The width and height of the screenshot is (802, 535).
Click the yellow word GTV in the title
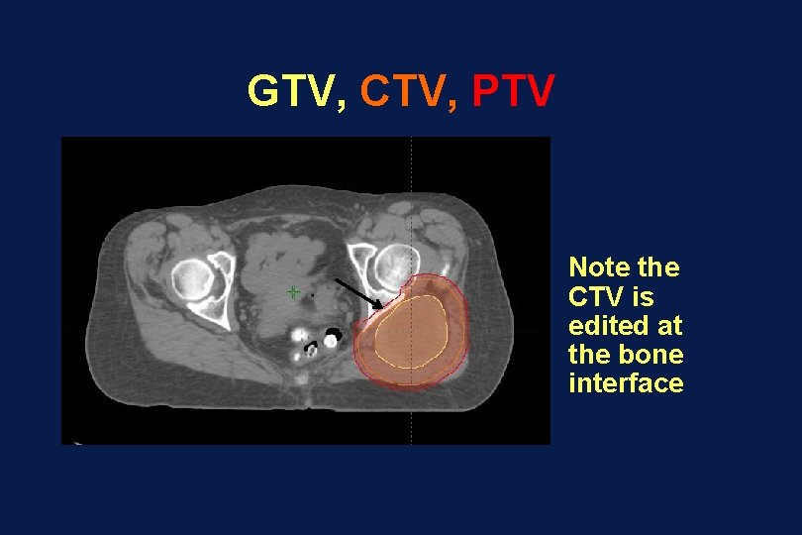(291, 91)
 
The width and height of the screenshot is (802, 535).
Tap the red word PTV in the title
(513, 91)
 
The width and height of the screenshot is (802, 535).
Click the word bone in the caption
(656, 354)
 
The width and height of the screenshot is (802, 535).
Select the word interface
(626, 383)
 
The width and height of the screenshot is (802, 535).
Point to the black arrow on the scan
(360, 293)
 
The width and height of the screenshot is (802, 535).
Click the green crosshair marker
(293, 292)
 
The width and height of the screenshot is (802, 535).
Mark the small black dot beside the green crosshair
(312, 294)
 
